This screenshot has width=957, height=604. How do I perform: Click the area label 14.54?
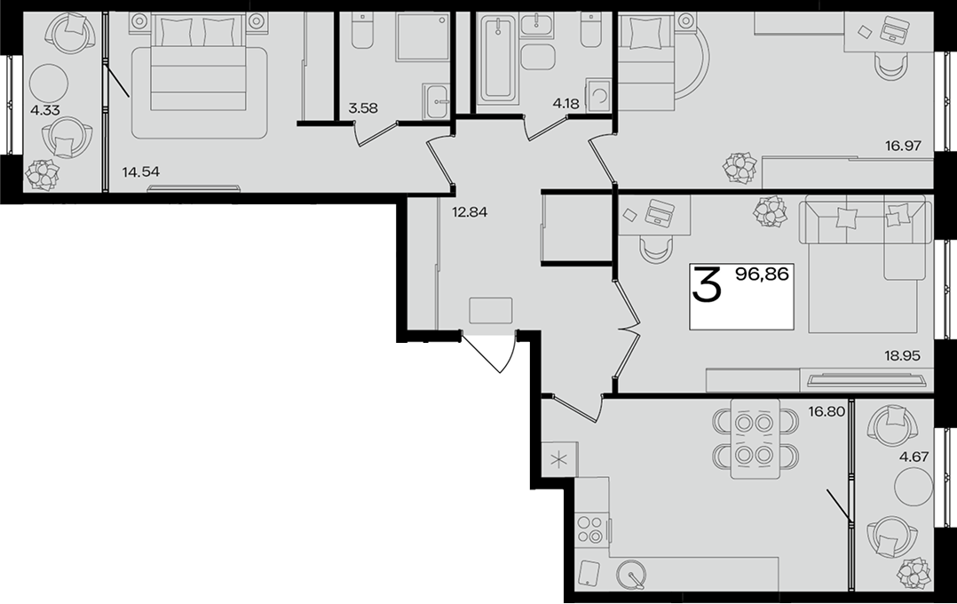(140, 171)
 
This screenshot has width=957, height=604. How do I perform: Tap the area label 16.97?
(903, 146)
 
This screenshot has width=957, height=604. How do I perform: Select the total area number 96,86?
(763, 274)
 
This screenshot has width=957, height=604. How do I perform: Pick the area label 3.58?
(362, 108)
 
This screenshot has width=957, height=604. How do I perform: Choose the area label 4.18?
(565, 103)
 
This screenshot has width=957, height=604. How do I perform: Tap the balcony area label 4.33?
(45, 111)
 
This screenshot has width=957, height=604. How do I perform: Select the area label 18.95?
(902, 355)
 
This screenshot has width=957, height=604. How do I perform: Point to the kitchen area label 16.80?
(827, 411)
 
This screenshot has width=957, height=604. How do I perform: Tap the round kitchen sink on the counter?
(630, 575)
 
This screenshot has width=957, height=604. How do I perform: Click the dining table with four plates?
(755, 439)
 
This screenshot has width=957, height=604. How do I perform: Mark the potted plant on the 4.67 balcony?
(913, 574)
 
